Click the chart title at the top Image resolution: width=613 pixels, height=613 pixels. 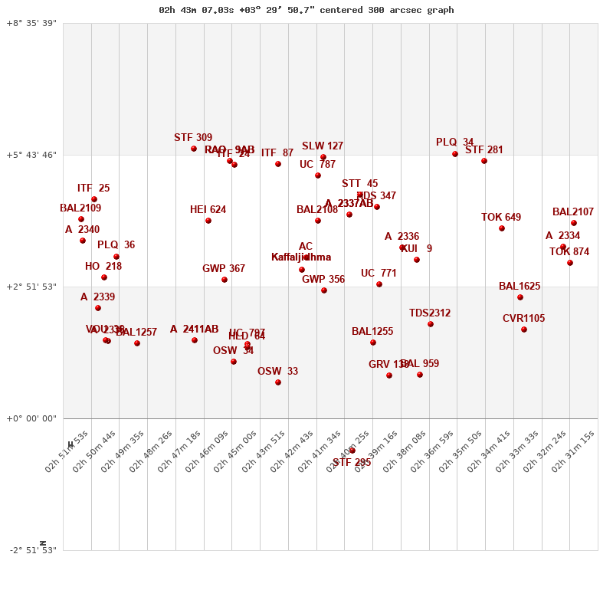(306, 10)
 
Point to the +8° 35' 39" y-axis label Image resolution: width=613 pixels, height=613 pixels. (31, 24)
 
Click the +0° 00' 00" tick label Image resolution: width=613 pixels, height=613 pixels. (31, 418)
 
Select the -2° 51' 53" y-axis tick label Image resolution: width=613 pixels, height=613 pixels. (31, 550)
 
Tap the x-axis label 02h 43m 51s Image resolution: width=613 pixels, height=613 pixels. (263, 451)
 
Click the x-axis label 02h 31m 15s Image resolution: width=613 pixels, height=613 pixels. (572, 451)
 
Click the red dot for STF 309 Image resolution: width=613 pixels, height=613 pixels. (194, 149)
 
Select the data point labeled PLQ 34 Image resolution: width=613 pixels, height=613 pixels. (455, 154)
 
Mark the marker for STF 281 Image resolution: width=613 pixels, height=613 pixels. (484, 161)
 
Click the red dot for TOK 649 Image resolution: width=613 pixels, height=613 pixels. (502, 228)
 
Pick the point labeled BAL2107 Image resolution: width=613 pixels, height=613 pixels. (574, 223)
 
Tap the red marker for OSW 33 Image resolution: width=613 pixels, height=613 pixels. (278, 382)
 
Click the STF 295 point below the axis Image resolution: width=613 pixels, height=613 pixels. (352, 451)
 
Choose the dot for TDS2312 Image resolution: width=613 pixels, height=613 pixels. (431, 324)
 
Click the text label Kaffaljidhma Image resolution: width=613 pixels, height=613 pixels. (301, 257)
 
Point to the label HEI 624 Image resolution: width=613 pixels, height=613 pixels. (208, 210)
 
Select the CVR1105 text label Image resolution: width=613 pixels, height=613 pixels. (524, 319)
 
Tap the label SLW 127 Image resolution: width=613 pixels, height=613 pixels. (323, 146)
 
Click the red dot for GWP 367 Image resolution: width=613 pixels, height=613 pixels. (225, 280)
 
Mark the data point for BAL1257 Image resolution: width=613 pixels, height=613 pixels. (137, 343)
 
